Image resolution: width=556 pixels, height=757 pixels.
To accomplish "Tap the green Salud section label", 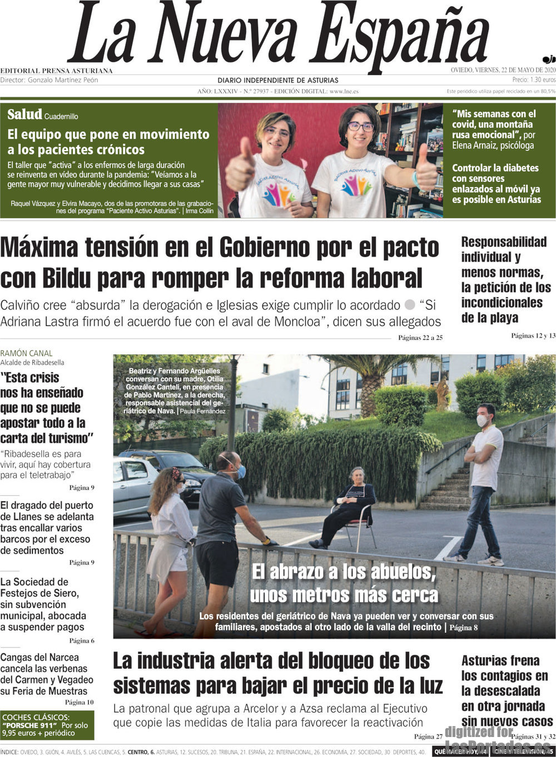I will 24,114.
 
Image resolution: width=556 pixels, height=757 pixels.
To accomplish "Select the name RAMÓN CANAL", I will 26,353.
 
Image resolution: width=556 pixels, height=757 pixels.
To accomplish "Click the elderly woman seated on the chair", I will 351,503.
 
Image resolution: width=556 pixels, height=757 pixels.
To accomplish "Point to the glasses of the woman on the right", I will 361,127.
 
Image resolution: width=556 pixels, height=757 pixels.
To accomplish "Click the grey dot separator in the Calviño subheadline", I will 410,305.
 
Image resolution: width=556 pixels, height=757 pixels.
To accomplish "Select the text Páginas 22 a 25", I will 420,338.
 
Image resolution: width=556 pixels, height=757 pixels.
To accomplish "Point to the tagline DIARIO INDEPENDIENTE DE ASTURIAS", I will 278,81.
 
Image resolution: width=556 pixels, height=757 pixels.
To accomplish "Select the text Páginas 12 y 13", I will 533,335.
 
